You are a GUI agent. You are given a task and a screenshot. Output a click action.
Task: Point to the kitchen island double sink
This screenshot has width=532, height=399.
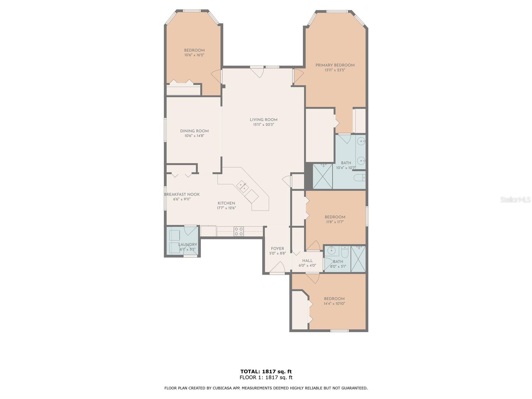243,186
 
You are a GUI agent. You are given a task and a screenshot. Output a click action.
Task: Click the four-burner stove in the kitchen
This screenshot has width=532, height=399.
238,231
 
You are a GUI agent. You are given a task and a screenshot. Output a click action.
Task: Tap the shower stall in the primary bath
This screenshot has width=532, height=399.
323,176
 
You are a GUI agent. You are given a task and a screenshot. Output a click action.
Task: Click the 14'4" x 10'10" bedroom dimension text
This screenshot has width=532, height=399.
334,304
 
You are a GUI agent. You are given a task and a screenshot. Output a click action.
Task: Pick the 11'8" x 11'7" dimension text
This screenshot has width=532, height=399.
335,222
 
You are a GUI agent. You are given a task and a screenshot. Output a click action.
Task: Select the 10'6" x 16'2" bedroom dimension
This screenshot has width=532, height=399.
194,55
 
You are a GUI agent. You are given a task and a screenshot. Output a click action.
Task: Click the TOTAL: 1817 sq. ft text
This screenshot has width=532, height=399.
266,371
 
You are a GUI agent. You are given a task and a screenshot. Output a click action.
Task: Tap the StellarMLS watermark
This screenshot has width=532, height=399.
515,200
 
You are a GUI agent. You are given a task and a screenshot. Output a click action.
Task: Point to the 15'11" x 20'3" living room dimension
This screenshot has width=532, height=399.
263,124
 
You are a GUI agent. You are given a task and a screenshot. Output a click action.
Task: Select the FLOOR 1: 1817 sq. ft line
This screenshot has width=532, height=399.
266,377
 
